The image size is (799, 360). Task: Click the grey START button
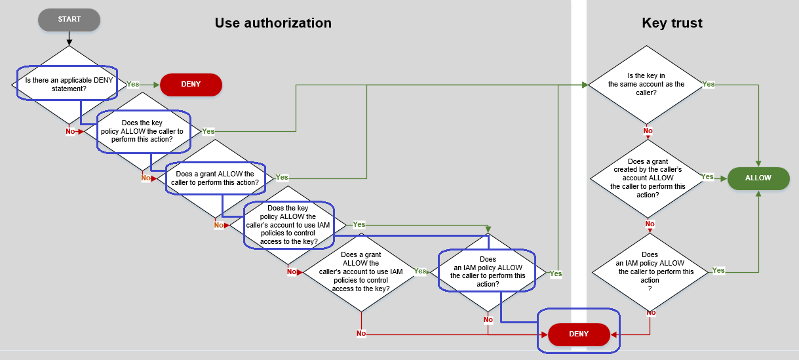pyautogui.click(x=69, y=20)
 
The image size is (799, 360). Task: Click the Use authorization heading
pyautogui.click(x=273, y=23)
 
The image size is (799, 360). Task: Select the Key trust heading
pyautogui.click(x=672, y=23)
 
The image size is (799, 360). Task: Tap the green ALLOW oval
pyautogui.click(x=758, y=178)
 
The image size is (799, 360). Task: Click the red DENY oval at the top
pyautogui.click(x=191, y=85)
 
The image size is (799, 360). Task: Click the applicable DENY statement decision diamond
pyautogui.click(x=69, y=85)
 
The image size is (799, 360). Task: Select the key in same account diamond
pyautogui.click(x=646, y=85)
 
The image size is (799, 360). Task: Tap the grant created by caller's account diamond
pyautogui.click(x=648, y=178)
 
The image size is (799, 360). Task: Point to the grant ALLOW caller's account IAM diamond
pyautogui.click(x=361, y=271)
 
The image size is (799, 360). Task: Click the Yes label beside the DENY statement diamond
pyautogui.click(x=133, y=85)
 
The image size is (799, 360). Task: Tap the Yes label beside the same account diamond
pyautogui.click(x=709, y=85)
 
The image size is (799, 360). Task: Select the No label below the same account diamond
pyautogui.click(x=648, y=131)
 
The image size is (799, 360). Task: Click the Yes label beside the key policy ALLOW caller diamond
pyautogui.click(x=208, y=131)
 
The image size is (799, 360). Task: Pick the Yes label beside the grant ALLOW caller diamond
pyautogui.click(x=282, y=178)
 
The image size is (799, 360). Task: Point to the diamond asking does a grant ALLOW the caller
pyautogui.click(x=215, y=178)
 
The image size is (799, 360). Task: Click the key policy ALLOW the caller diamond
pyautogui.click(x=143, y=131)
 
